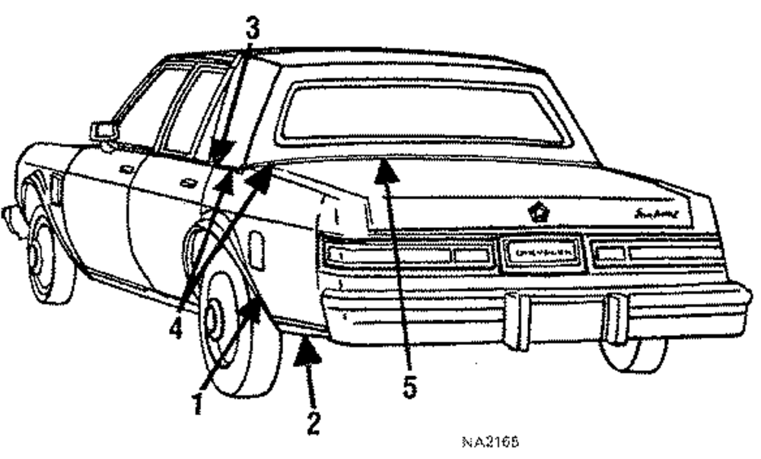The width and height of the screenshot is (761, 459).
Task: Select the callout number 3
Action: [x=252, y=29]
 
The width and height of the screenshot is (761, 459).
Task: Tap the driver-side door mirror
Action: [x=103, y=131]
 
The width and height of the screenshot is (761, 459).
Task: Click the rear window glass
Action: [x=422, y=114]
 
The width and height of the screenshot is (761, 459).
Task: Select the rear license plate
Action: [x=541, y=252]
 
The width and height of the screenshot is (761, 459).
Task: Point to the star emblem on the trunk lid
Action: [x=538, y=213]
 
